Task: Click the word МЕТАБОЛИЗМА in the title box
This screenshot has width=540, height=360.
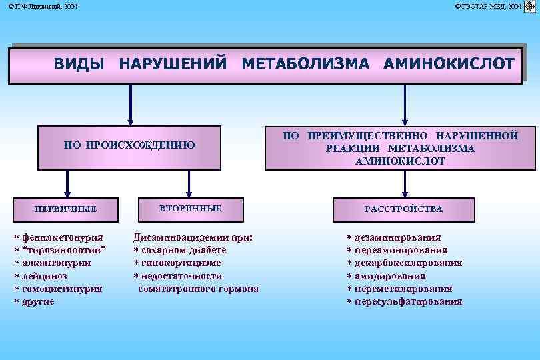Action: click(x=305, y=64)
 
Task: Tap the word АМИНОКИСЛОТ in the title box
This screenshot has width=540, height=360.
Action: click(x=449, y=64)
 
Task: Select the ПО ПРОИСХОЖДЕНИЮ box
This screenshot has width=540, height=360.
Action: click(x=129, y=145)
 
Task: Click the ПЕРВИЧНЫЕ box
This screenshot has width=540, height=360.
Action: click(x=66, y=209)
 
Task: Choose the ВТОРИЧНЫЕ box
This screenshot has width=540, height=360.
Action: click(x=190, y=209)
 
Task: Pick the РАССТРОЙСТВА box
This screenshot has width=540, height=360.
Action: click(x=403, y=209)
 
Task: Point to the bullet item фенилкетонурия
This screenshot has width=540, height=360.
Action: click(x=62, y=237)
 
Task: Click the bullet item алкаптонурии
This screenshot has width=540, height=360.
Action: click(x=56, y=263)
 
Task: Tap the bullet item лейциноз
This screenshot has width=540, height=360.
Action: click(x=44, y=276)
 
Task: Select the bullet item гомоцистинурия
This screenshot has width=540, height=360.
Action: click(x=61, y=289)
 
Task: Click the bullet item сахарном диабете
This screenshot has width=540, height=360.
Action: click(x=183, y=250)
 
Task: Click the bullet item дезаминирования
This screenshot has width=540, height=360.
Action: click(x=397, y=237)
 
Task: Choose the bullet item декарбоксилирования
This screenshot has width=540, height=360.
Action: click(x=408, y=263)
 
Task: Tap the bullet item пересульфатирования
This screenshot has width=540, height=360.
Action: click(x=408, y=301)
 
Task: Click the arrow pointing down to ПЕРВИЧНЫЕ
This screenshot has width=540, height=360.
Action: click(x=67, y=183)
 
